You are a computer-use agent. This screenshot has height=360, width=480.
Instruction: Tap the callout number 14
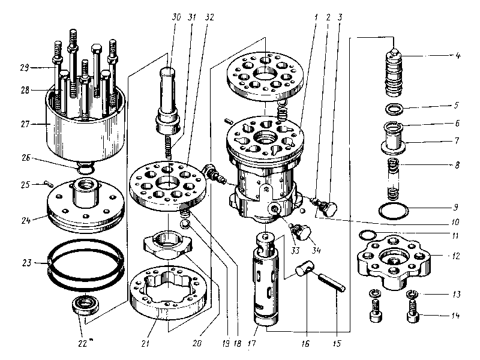click(x=455, y=314)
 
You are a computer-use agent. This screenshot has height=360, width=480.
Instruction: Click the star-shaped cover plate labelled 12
click(x=393, y=261)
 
